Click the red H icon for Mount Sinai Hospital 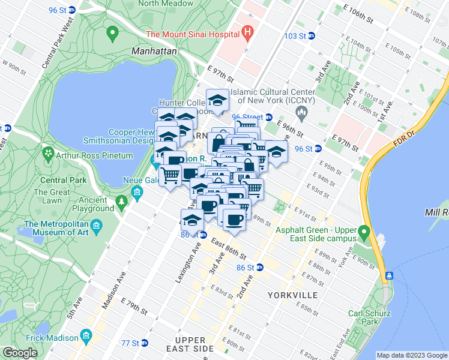[246, 33]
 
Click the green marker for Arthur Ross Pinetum [47, 155]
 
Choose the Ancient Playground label [95, 204]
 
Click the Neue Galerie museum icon [137, 193]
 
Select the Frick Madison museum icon [87, 334]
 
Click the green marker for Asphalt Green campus [363, 231]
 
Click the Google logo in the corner [20, 353]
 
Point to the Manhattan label [154, 52]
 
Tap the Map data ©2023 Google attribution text [411, 355]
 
